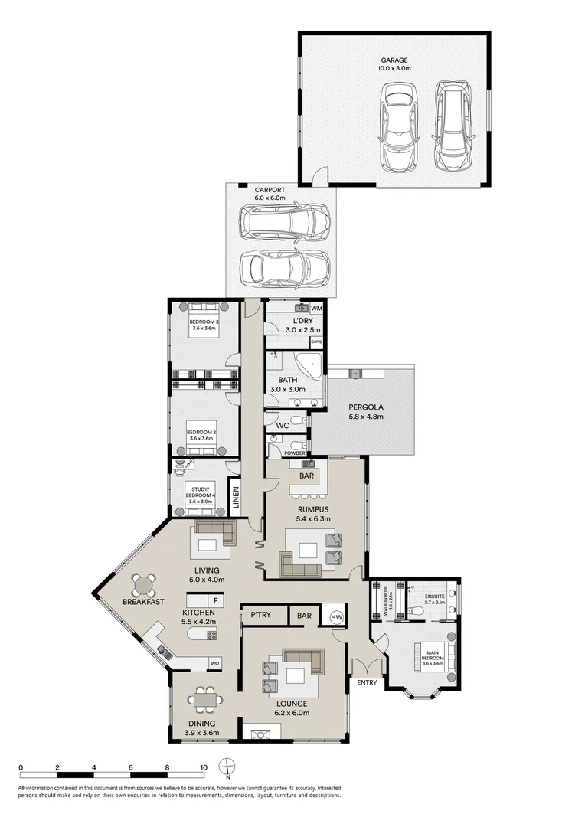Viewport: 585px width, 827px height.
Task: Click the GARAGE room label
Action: click(395, 60)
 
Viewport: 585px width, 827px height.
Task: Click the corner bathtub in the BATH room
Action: click(312, 364)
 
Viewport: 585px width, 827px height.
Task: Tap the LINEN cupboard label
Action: click(236, 498)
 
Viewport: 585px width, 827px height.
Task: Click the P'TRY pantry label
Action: click(253, 615)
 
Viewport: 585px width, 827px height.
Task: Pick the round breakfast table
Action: click(143, 586)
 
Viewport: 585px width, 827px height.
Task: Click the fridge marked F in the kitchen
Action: click(216, 601)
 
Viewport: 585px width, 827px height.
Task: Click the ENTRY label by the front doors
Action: click(366, 682)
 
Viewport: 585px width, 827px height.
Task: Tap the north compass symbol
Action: click(227, 768)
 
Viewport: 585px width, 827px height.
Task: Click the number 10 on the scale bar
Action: click(203, 767)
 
